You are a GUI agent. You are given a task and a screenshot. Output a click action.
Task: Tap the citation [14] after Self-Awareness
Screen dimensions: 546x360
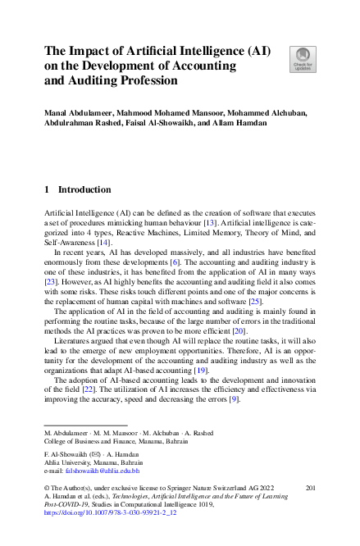point(103,242)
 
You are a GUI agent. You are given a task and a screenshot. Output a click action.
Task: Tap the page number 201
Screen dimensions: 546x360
point(309,489)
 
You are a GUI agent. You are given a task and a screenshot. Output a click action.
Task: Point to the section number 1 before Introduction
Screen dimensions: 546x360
point(46,189)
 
